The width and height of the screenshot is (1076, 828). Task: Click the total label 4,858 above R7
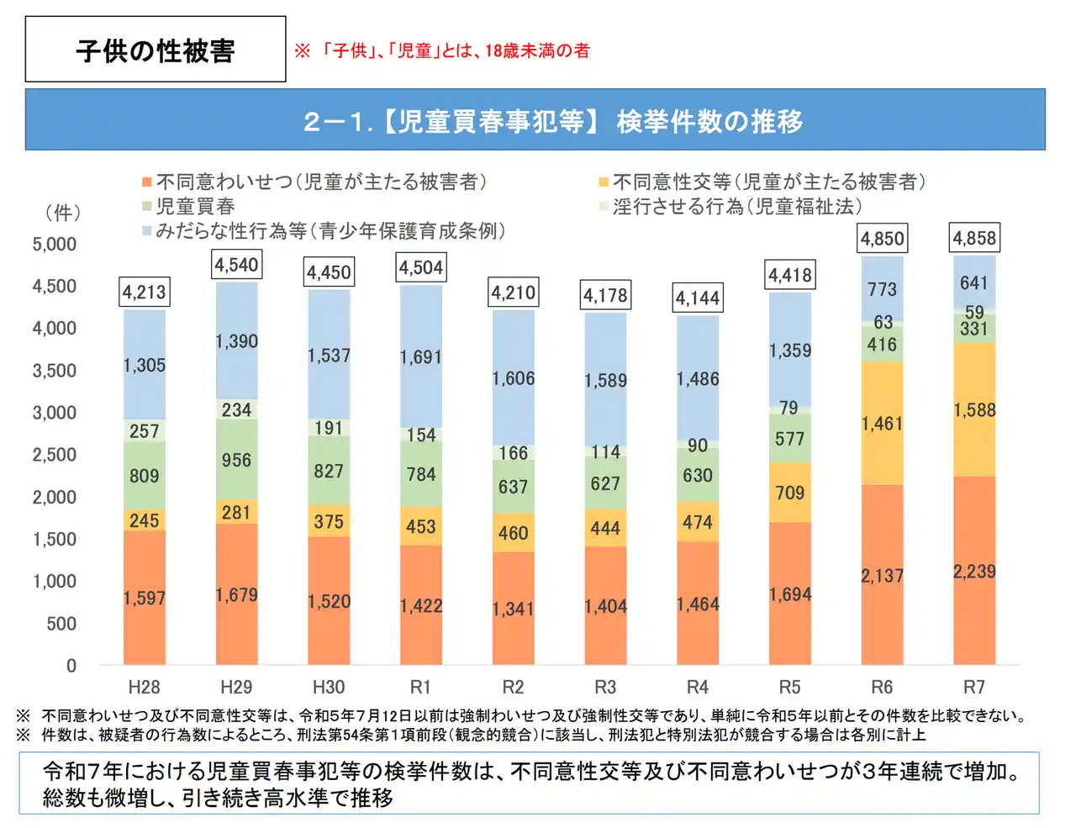(974, 239)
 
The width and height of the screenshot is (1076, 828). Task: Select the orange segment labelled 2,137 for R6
(882, 576)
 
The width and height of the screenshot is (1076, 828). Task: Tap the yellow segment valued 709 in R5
(789, 493)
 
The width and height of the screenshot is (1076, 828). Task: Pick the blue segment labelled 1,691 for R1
(421, 357)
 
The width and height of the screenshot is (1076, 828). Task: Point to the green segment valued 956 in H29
(236, 461)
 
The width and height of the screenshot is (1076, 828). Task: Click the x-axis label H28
(144, 687)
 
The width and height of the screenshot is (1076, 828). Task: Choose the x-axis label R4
(698, 687)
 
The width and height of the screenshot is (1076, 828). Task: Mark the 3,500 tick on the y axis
(54, 371)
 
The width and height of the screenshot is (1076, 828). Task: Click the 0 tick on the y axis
(71, 666)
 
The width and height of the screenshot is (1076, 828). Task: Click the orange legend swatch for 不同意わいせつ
(147, 182)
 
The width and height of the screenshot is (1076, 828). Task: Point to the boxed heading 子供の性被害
(156, 50)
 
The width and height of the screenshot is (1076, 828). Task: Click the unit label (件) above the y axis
(63, 213)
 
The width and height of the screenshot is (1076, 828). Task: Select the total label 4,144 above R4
(698, 298)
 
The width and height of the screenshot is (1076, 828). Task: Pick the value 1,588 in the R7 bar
(974, 410)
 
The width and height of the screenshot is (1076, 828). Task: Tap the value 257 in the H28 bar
(144, 431)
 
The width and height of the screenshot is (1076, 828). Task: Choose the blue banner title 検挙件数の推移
(709, 122)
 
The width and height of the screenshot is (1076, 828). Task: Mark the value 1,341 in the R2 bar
(513, 609)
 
